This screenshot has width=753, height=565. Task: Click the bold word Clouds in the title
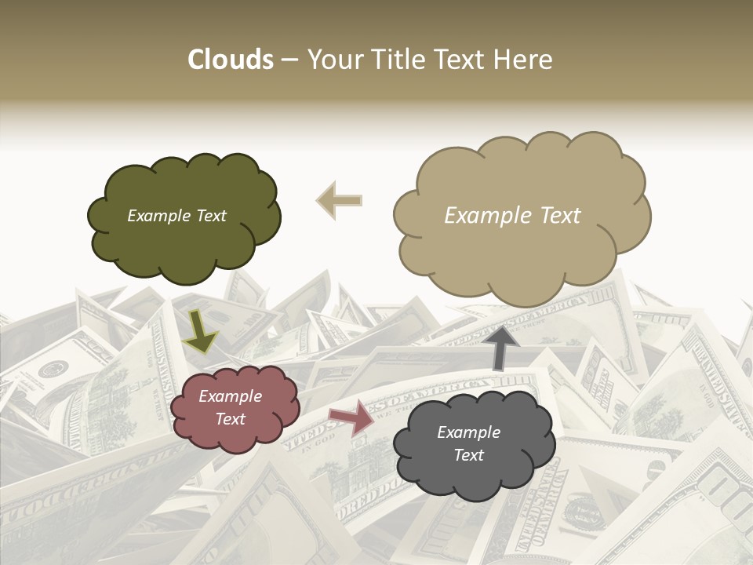231,60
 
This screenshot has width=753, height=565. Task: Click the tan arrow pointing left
339,200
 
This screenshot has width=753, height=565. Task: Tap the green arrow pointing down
200,332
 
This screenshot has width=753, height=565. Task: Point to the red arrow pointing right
352,417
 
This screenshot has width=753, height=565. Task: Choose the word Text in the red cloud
230,419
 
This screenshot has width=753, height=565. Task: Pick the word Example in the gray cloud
468,432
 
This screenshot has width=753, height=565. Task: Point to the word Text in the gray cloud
468,455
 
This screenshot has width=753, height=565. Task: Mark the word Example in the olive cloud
157,216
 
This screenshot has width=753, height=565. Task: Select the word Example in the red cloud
230,396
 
